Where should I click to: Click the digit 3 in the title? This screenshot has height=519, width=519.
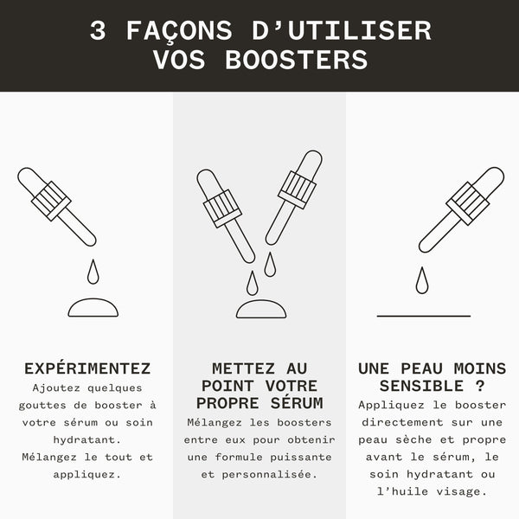[x=98, y=31]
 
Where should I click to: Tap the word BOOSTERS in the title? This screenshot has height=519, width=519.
[x=296, y=60]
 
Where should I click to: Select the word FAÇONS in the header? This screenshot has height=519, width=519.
[x=179, y=31]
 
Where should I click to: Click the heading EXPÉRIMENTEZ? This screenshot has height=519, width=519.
[x=87, y=368]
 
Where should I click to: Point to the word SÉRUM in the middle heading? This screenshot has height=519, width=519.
[x=297, y=403]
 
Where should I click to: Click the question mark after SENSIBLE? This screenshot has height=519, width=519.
[x=480, y=386]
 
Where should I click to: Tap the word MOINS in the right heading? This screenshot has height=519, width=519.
[x=480, y=368]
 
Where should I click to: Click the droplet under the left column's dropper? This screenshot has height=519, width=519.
[x=93, y=272]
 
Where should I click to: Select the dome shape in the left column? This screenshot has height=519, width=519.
[x=93, y=308]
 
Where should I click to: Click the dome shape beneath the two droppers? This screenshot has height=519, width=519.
[x=261, y=309]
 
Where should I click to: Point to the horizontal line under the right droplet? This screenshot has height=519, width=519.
[x=424, y=316]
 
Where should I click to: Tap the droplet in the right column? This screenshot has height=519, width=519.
[x=422, y=280]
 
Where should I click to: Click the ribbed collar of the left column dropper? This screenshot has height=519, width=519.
[x=51, y=201]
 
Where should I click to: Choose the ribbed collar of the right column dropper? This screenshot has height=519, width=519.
[x=468, y=203]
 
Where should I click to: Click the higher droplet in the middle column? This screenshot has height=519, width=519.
[x=270, y=265]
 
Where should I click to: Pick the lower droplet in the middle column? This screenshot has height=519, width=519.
[x=253, y=283]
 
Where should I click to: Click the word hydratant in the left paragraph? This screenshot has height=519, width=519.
[x=87, y=440]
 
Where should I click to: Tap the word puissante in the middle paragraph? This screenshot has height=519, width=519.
[x=301, y=457]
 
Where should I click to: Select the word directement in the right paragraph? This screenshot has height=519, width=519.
[x=402, y=422]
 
